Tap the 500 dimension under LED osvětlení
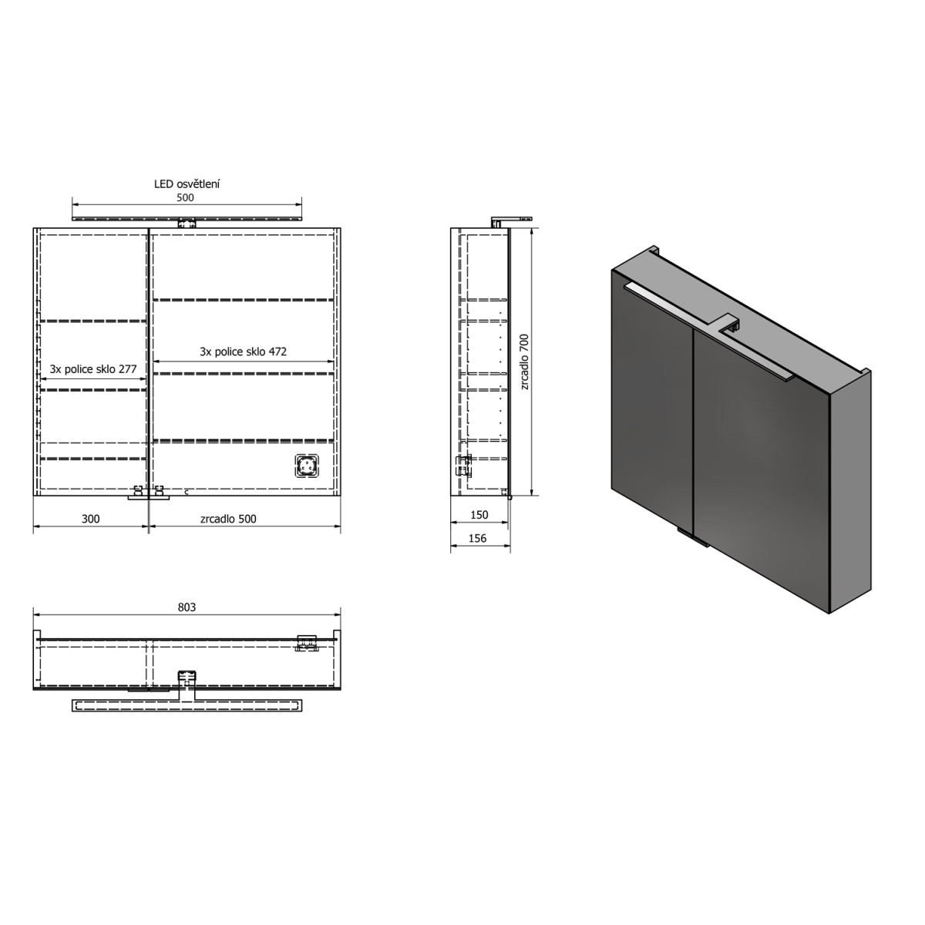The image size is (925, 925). pos(186,197)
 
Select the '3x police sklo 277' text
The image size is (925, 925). pos(93,369)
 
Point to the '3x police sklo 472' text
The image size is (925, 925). pos(243,351)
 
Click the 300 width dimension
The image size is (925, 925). pos(91,519)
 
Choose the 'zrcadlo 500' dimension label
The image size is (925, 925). pos(228,519)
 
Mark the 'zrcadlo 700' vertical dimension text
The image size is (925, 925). pos(524,362)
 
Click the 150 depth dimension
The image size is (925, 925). pos(478,515)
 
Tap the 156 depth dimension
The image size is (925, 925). pos(478,538)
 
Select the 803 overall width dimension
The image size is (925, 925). pos(187,607)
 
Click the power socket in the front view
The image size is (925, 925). pos(307,466)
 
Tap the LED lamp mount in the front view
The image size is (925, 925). pos(186,224)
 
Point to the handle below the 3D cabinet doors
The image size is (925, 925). pos(692,538)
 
